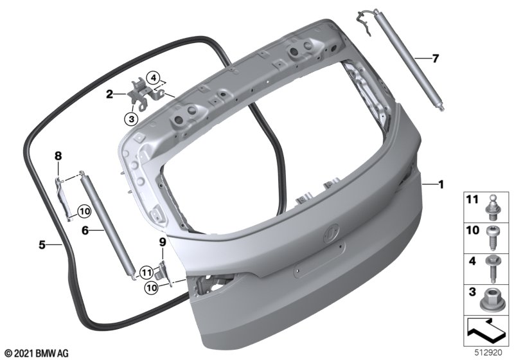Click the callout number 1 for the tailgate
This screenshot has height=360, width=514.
coord(441,184)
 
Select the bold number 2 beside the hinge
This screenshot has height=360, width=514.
coord(109,94)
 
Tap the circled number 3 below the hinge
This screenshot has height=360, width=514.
coord(132,119)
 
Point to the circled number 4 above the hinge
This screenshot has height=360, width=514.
coord(153,78)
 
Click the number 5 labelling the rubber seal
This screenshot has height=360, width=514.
coord(42,244)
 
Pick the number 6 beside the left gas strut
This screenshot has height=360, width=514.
coord(85,231)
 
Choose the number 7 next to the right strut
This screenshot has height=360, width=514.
coord(435,59)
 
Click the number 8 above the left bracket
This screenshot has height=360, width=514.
coord(58,156)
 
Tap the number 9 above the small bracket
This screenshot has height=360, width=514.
coord(163,242)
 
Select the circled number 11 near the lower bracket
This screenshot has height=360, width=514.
coord(146,272)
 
